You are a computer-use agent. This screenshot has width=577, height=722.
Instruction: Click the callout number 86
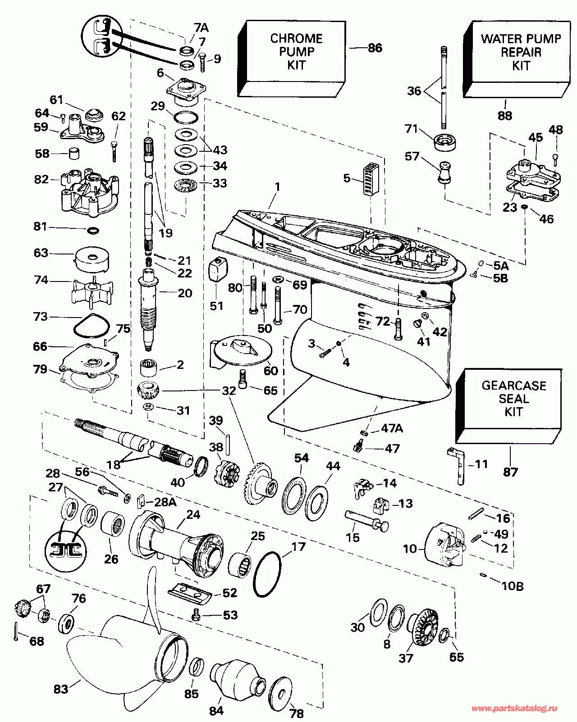point(375,48)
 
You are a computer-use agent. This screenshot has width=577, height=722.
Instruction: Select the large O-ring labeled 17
point(267,573)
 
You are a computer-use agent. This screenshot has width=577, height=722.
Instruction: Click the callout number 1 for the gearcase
point(277,186)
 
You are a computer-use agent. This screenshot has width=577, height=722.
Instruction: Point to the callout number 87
point(510,472)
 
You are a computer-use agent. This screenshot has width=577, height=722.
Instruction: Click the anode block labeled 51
point(217,269)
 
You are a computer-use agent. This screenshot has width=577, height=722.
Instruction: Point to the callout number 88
point(504,116)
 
